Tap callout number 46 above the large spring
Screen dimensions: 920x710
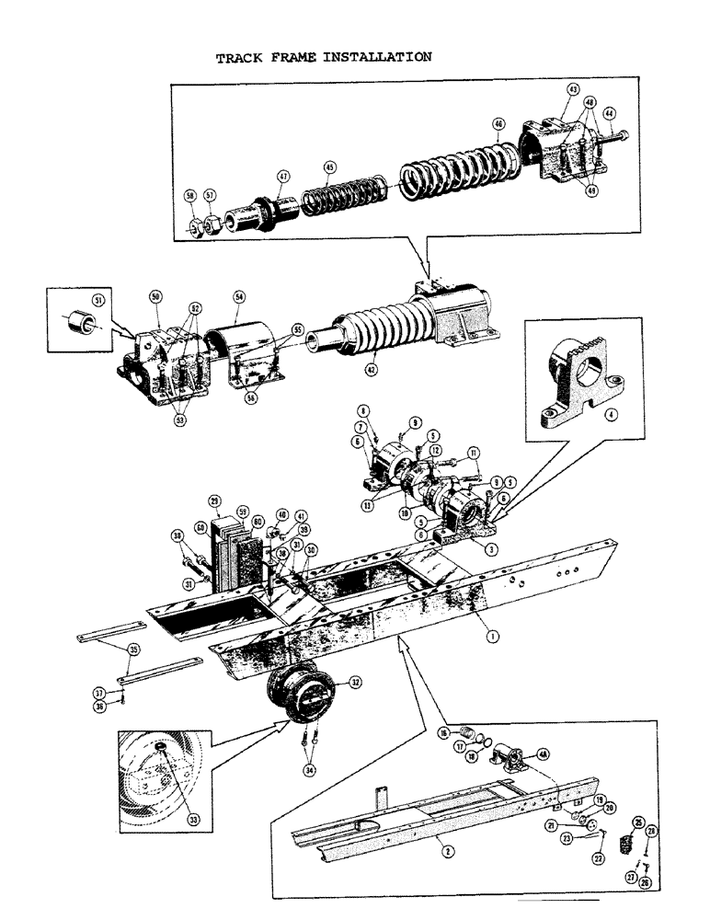coord(498,123)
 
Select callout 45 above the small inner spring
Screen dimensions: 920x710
coord(330,167)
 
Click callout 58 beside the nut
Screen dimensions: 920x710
coord(190,196)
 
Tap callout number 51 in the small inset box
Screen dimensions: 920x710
coord(97,299)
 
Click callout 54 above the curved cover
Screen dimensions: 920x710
coord(238,298)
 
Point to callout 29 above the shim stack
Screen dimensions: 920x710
coord(214,500)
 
